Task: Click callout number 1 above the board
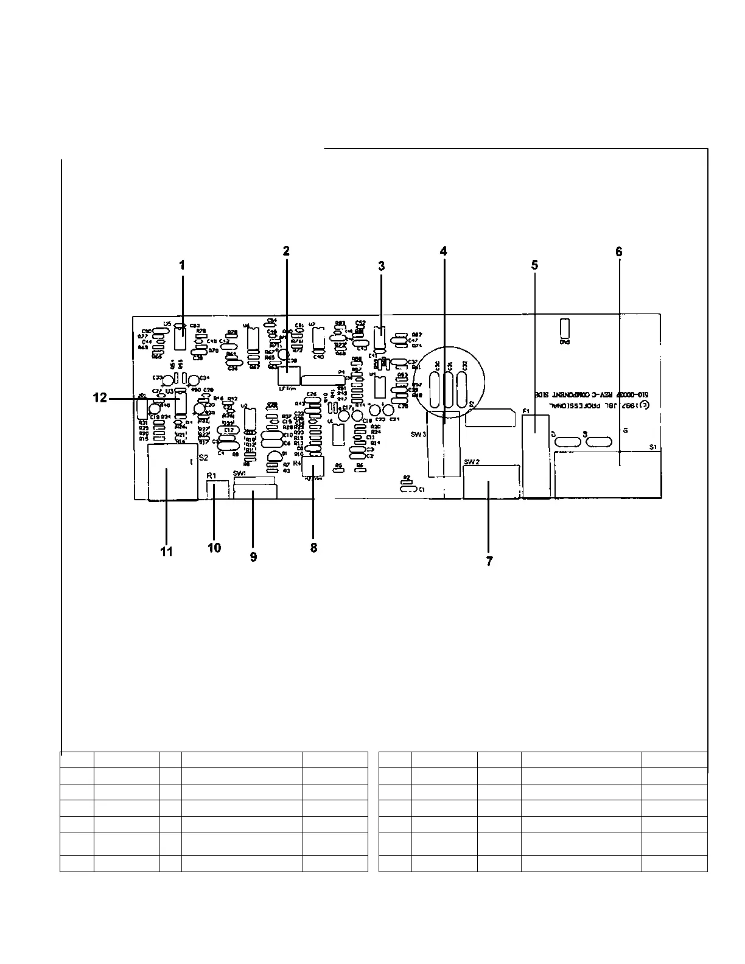coord(181,265)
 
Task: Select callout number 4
coord(444,251)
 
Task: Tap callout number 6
coord(619,251)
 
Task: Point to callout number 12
coord(100,398)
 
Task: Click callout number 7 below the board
coord(489,561)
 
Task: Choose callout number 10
coord(214,548)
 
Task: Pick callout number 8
coord(313,548)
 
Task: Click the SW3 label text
coord(419,435)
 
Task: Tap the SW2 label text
coord(472,462)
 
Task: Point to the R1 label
coord(211,475)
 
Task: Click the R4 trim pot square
coord(314,467)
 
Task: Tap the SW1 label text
coord(239,473)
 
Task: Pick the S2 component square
coord(172,473)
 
